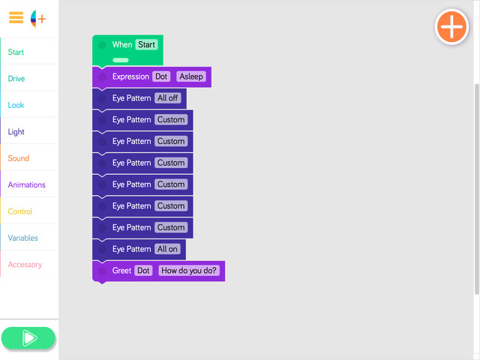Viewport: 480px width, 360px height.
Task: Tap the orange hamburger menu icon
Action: (x=16, y=17)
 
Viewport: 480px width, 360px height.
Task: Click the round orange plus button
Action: (x=451, y=27)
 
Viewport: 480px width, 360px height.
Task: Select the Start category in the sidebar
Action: (x=16, y=52)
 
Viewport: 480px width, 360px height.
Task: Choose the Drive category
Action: (x=16, y=79)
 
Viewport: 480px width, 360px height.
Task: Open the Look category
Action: (x=16, y=105)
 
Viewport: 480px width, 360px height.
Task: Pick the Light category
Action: (x=16, y=132)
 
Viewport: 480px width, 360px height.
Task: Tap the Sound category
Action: (x=18, y=158)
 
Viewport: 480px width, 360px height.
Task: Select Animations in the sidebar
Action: (x=27, y=185)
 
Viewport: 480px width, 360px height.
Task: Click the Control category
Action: (x=20, y=211)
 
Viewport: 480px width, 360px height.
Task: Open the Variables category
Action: (x=23, y=238)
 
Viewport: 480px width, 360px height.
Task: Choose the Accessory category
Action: (x=25, y=265)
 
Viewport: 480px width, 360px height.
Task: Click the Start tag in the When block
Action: (x=147, y=45)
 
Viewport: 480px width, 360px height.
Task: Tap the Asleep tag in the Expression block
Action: (x=191, y=76)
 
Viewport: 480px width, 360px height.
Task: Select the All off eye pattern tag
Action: (x=167, y=98)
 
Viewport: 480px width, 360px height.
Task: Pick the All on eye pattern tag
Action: (x=167, y=249)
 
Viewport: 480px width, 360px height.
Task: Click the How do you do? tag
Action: (x=188, y=271)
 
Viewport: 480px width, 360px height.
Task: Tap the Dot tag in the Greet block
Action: (x=143, y=271)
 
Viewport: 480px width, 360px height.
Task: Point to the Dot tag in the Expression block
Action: (x=161, y=76)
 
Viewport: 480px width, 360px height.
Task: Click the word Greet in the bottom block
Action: (x=121, y=271)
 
